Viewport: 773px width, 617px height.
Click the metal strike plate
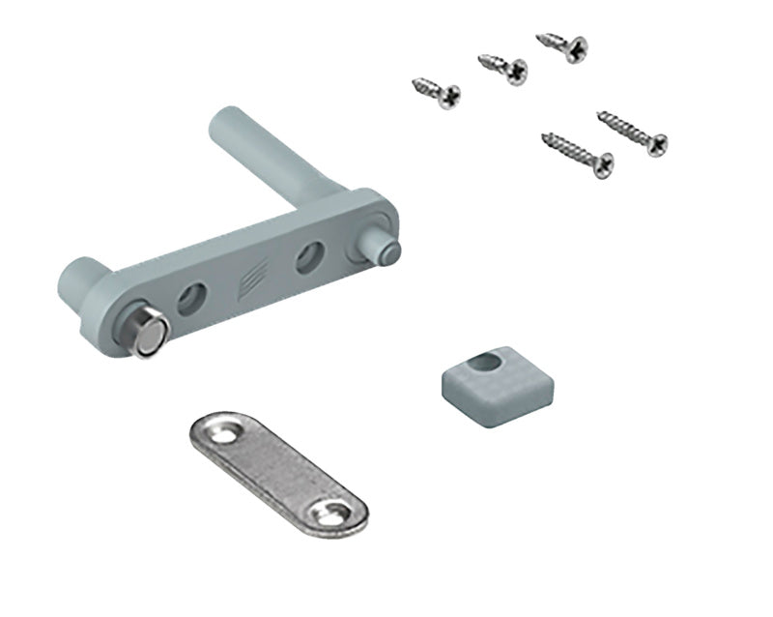point(276,471)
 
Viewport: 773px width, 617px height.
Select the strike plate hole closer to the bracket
point(223,432)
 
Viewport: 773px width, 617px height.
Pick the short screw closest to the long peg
point(437,92)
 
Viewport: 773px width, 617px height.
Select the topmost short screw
point(562,46)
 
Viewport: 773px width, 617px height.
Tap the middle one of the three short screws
point(503,69)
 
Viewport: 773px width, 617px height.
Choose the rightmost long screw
point(632,133)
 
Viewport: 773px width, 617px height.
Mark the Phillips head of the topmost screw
point(577,46)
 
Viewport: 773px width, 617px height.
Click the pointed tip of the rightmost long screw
point(600,116)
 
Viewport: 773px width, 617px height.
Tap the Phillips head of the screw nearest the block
point(601,165)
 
